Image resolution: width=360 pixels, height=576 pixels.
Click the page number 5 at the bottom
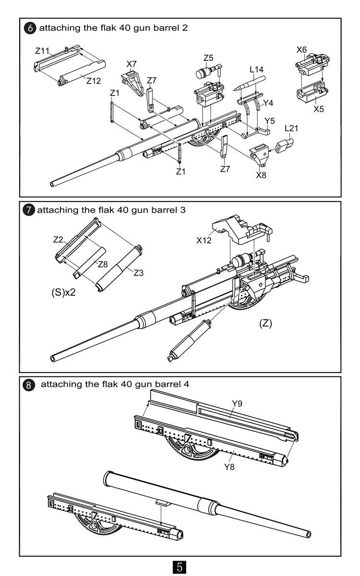180,566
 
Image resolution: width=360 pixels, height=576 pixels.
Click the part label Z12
94,81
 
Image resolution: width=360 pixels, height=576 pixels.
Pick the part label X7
132,64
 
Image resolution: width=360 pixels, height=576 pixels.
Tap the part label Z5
208,58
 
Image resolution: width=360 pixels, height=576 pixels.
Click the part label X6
301,49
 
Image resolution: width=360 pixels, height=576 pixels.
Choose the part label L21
291,128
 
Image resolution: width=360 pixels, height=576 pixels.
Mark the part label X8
261,175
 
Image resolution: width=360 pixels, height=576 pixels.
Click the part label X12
204,240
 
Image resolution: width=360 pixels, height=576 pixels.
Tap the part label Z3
139,272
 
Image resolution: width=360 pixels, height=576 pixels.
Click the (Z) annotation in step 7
265,323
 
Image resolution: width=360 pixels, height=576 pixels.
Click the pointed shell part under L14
250,83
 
